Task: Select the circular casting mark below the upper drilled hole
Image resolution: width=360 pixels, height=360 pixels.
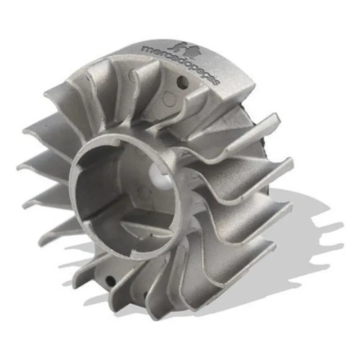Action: [x=171, y=99]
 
